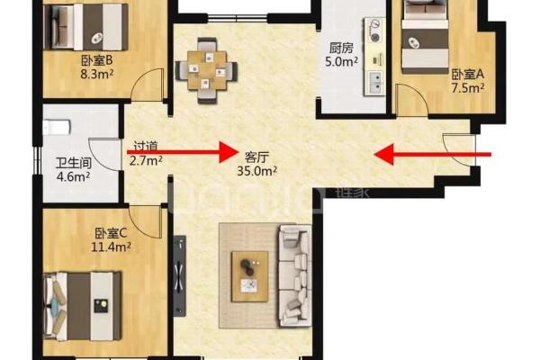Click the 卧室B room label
(97, 60)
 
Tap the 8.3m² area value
(97, 74)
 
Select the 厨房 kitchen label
(341, 49)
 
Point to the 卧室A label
(468, 74)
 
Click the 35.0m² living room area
(256, 170)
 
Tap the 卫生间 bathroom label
(74, 163)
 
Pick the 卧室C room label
(111, 234)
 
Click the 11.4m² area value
(111, 247)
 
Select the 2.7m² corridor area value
(146, 160)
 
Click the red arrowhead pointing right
(228, 152)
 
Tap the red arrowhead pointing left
(384, 155)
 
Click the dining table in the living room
(207, 70)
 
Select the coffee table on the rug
(250, 276)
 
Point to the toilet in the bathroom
(57, 127)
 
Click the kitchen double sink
(374, 83)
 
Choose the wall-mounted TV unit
(180, 275)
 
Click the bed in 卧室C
(83, 306)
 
